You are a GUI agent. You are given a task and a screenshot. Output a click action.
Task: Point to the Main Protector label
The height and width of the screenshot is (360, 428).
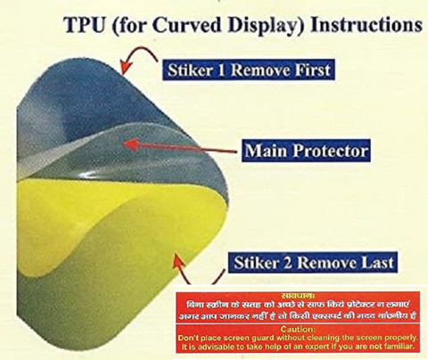click(x=306, y=151)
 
